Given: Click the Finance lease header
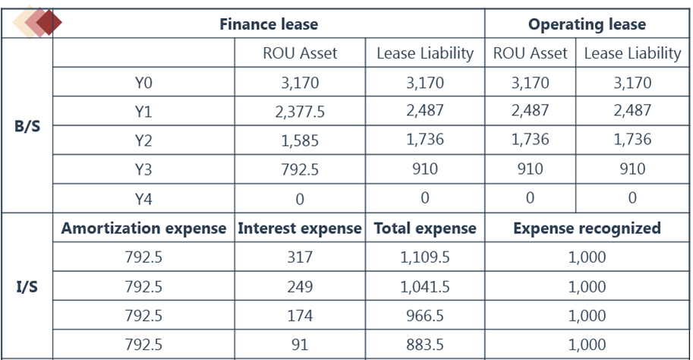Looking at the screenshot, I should pyautogui.click(x=269, y=24).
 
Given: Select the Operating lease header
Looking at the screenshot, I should pyautogui.click(x=587, y=24).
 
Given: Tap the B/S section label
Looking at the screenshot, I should pyautogui.click(x=27, y=125).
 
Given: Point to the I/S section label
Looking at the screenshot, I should pyautogui.click(x=27, y=287).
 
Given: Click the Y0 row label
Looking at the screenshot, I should pyautogui.click(x=143, y=83).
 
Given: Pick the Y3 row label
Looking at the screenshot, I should pyautogui.click(x=143, y=169).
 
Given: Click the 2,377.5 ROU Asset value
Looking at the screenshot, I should pyautogui.click(x=300, y=112).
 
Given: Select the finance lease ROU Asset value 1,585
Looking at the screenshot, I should pyautogui.click(x=300, y=141).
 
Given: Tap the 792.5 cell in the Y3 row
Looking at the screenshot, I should pyautogui.click(x=300, y=169).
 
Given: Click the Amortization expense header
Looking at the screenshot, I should pyautogui.click(x=143, y=228).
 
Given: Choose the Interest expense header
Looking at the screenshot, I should pyautogui.click(x=300, y=228).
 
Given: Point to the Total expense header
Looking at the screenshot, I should pyautogui.click(x=424, y=228).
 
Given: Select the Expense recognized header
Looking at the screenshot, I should pyautogui.click(x=587, y=228).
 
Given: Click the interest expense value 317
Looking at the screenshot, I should pyautogui.click(x=300, y=257).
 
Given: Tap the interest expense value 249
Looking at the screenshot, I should pyautogui.click(x=300, y=287).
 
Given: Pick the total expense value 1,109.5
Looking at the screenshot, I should pyautogui.click(x=424, y=257).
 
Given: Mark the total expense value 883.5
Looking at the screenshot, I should pyautogui.click(x=424, y=345).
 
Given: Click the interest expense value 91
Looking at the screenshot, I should pyautogui.click(x=300, y=345).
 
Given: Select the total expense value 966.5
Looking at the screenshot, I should pyautogui.click(x=424, y=316).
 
